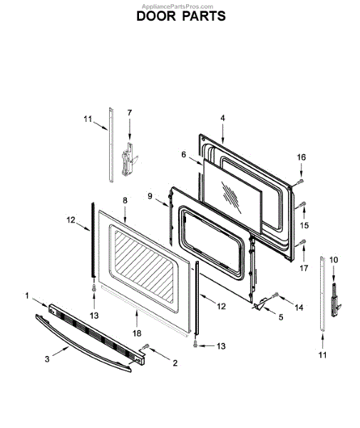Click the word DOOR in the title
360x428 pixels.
click(156, 16)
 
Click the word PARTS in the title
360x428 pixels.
click(204, 16)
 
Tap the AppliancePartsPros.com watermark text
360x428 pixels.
click(178, 6)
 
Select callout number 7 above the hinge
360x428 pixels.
click(129, 113)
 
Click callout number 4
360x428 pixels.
click(223, 118)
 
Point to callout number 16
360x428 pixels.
click(302, 157)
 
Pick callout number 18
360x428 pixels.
click(137, 333)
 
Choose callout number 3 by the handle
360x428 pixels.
click(47, 360)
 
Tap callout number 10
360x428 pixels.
click(334, 260)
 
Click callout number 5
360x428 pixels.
click(281, 317)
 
